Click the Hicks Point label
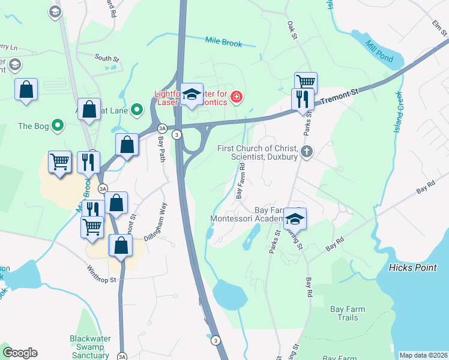[412, 268]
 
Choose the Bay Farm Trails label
[348, 313]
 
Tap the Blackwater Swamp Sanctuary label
[89, 347]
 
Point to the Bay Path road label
[161, 148]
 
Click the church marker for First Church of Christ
[307, 151]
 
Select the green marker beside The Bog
[58, 125]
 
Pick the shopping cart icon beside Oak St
[306, 82]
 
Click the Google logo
[20, 353]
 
